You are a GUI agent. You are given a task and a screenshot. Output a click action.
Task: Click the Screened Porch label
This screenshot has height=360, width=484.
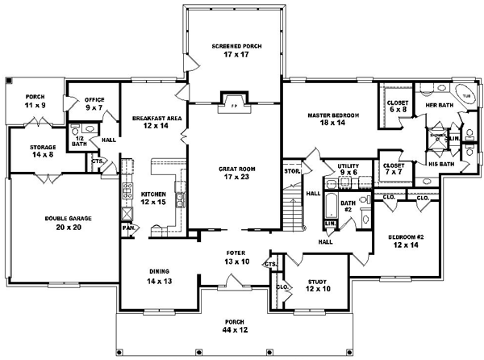tap(233, 50)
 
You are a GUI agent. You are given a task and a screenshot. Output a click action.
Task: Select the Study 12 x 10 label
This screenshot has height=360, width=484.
tap(317, 287)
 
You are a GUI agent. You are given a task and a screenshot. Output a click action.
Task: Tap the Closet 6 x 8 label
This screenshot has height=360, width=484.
tap(396, 107)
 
